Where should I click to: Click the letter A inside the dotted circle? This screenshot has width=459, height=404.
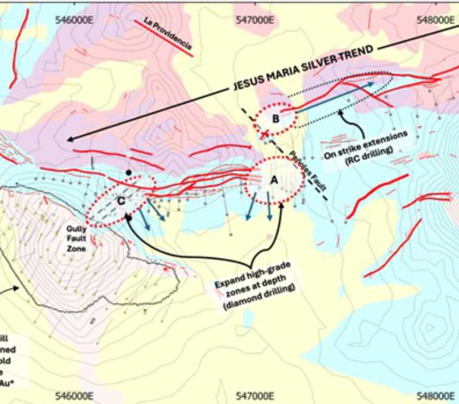(x=274, y=180)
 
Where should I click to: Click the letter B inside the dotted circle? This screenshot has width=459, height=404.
(x=276, y=119)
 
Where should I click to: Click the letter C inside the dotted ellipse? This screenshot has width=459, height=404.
(x=121, y=202)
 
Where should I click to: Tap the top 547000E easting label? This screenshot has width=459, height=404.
(x=256, y=20)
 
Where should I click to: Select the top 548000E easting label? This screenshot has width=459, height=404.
(x=436, y=20)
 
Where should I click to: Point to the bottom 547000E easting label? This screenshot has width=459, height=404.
(x=256, y=396)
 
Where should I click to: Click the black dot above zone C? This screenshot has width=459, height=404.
(x=129, y=172)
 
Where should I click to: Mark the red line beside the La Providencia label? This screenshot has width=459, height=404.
(x=164, y=40)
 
